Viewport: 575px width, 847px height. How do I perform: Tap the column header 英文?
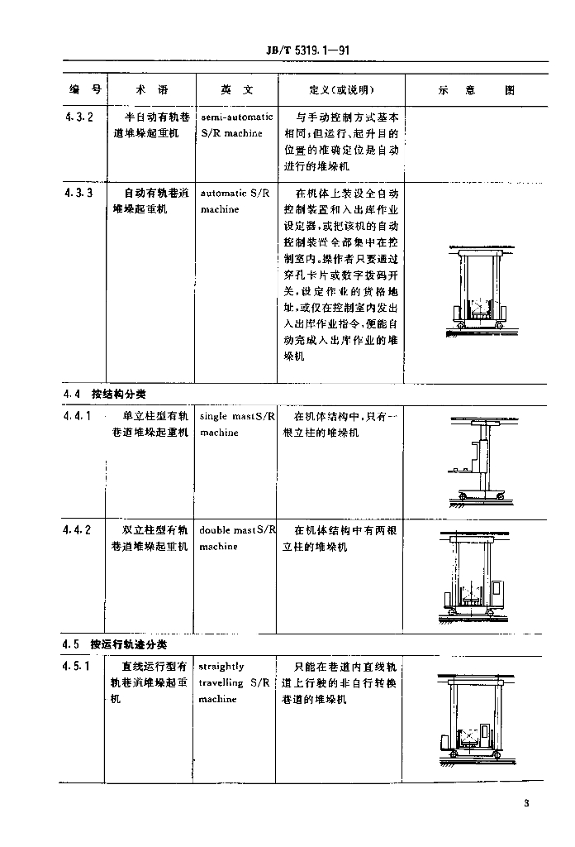237,90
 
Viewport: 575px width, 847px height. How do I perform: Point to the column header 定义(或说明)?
341,90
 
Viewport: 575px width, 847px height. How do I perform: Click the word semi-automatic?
236,117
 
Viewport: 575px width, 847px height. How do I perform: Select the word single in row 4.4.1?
213,416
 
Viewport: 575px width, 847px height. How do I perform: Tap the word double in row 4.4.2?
215,529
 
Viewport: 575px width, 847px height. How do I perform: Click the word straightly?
221,666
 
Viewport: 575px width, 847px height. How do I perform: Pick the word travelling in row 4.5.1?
221,682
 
